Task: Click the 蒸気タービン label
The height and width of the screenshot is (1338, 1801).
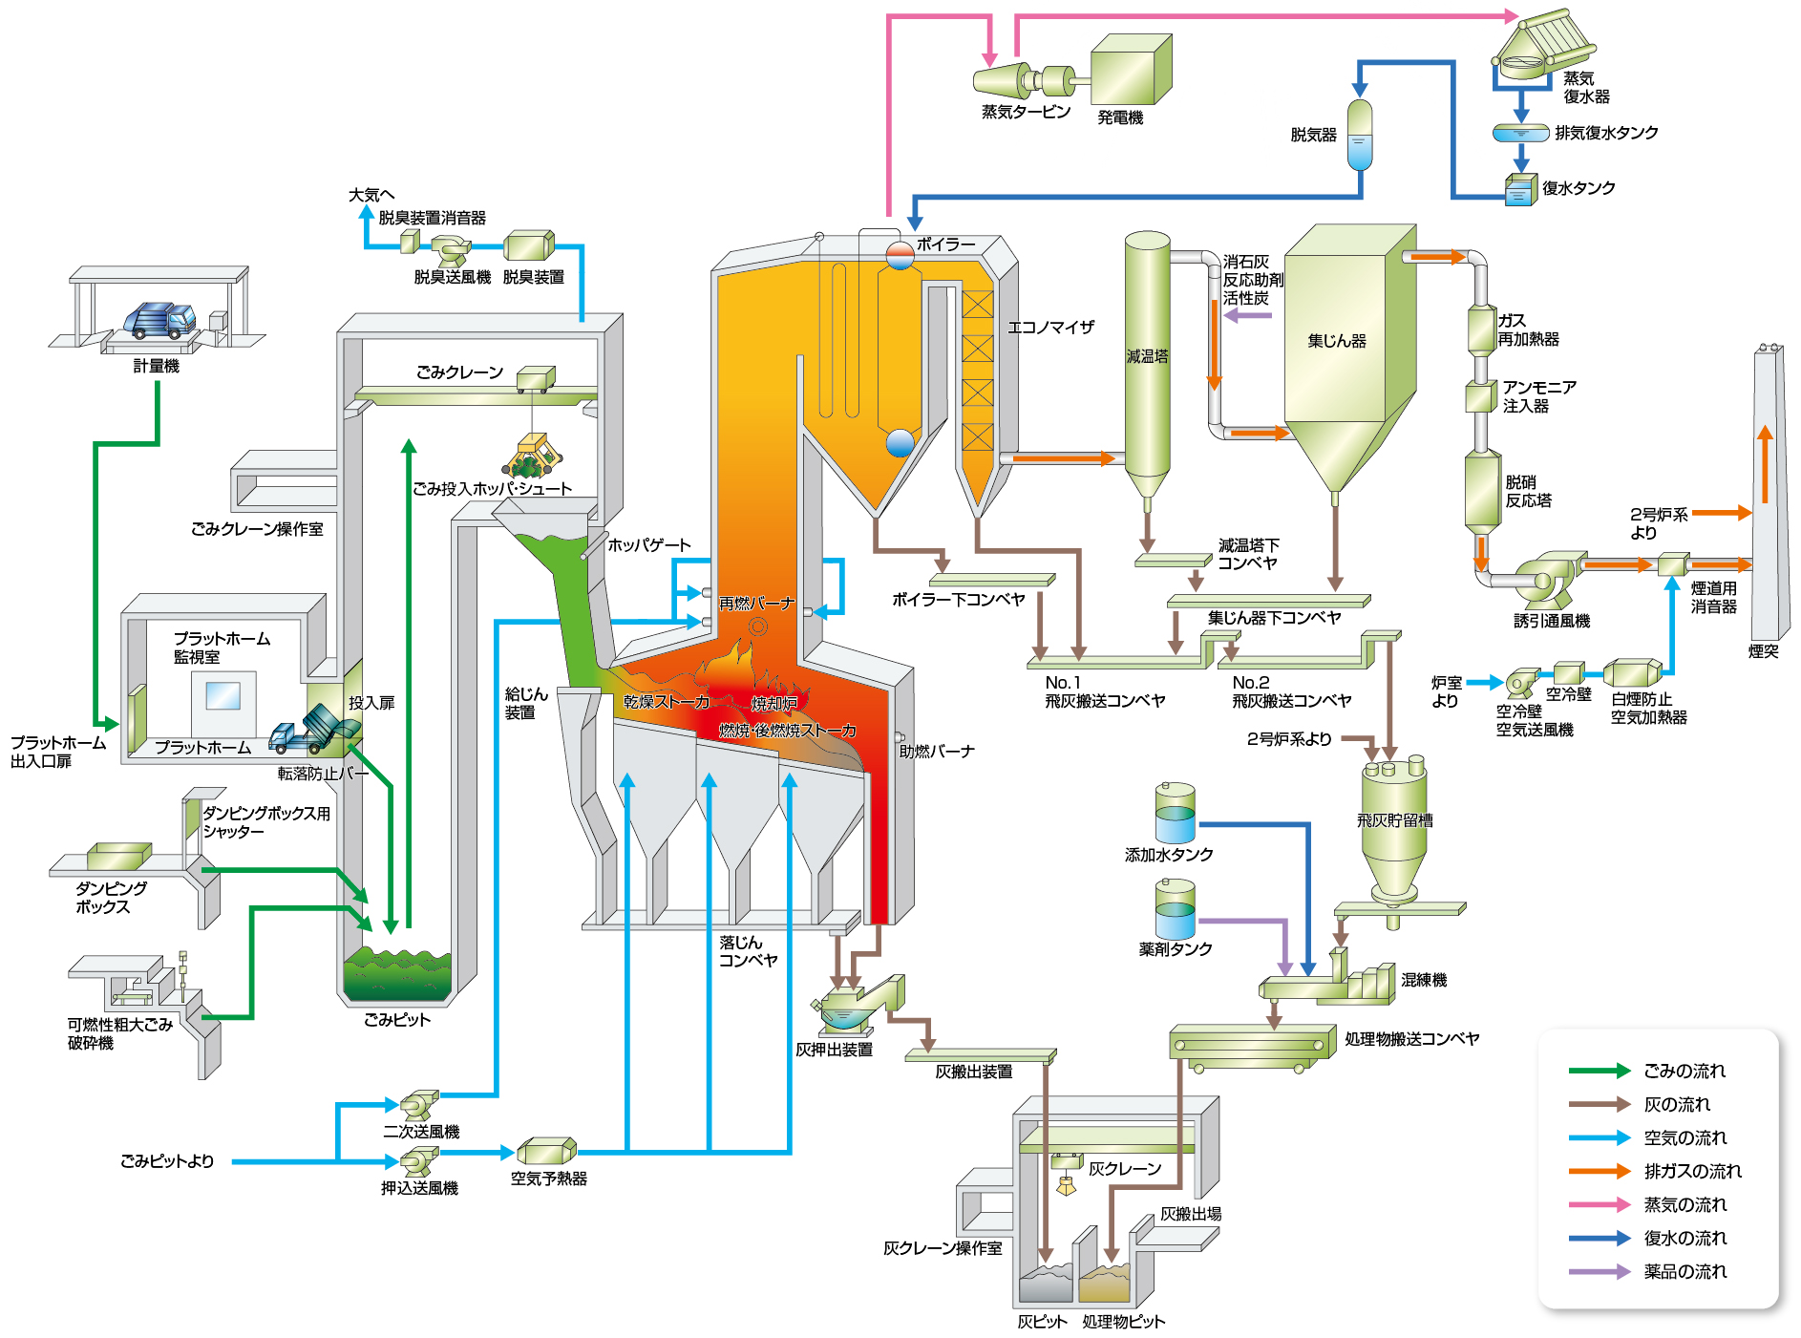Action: pos(1026,112)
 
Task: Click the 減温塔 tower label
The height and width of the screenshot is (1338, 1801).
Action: pos(1146,356)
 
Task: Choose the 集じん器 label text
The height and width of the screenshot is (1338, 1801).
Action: pos(1336,340)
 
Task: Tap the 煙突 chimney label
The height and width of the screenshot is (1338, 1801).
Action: pos(1763,650)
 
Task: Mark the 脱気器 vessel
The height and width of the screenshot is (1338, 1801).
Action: pos(1359,136)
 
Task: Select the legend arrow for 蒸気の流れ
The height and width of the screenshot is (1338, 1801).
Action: pos(1599,1204)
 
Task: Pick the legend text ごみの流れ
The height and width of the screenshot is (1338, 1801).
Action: pos(1684,1071)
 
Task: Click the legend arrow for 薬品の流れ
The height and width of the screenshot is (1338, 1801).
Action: pos(1599,1271)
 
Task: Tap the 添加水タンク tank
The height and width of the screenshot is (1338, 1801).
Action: pos(1175,813)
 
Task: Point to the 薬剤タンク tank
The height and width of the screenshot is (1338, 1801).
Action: pos(1175,908)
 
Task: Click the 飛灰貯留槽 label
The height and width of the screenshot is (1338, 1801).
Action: pos(1394,819)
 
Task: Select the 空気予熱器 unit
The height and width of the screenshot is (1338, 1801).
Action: pos(546,1151)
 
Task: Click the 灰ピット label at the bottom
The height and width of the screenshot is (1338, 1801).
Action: pos(1041,1322)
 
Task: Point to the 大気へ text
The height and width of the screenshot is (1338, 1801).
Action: pos(371,195)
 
